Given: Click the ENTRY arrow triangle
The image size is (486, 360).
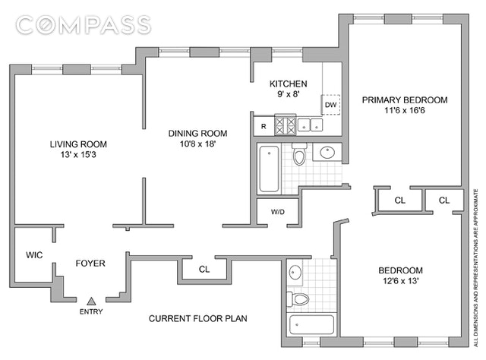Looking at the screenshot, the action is [91, 301].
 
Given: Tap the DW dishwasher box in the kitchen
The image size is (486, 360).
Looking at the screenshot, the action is [330, 105].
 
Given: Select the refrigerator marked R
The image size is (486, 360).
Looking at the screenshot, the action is [264, 126].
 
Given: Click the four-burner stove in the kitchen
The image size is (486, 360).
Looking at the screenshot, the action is [286, 125].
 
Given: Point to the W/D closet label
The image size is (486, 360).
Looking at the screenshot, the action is [278, 212].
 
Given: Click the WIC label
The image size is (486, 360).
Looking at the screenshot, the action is [34, 255].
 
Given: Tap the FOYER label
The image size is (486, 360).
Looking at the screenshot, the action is [90, 264].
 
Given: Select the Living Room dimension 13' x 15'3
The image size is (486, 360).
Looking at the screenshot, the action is [78, 154].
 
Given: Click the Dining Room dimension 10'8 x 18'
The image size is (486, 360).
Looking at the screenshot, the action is [197, 144].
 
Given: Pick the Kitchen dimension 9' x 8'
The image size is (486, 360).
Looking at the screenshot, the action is [289, 94].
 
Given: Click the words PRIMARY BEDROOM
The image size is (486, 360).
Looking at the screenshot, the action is [405, 99].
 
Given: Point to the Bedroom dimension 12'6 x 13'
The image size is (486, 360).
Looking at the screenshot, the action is [401, 281].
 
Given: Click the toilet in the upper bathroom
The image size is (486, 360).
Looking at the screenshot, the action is [299, 153].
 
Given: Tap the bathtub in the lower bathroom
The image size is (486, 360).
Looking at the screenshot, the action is [311, 324].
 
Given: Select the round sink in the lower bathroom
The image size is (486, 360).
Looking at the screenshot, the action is [295, 272].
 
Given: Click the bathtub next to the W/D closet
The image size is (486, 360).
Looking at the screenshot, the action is [269, 169].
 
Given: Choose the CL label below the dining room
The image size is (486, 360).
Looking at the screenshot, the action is [204, 269].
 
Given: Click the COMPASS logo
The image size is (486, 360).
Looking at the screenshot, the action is [84, 25].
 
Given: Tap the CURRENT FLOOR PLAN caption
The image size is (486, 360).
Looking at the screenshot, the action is [198, 318].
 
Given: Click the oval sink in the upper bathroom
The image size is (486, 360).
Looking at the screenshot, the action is [327, 152].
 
